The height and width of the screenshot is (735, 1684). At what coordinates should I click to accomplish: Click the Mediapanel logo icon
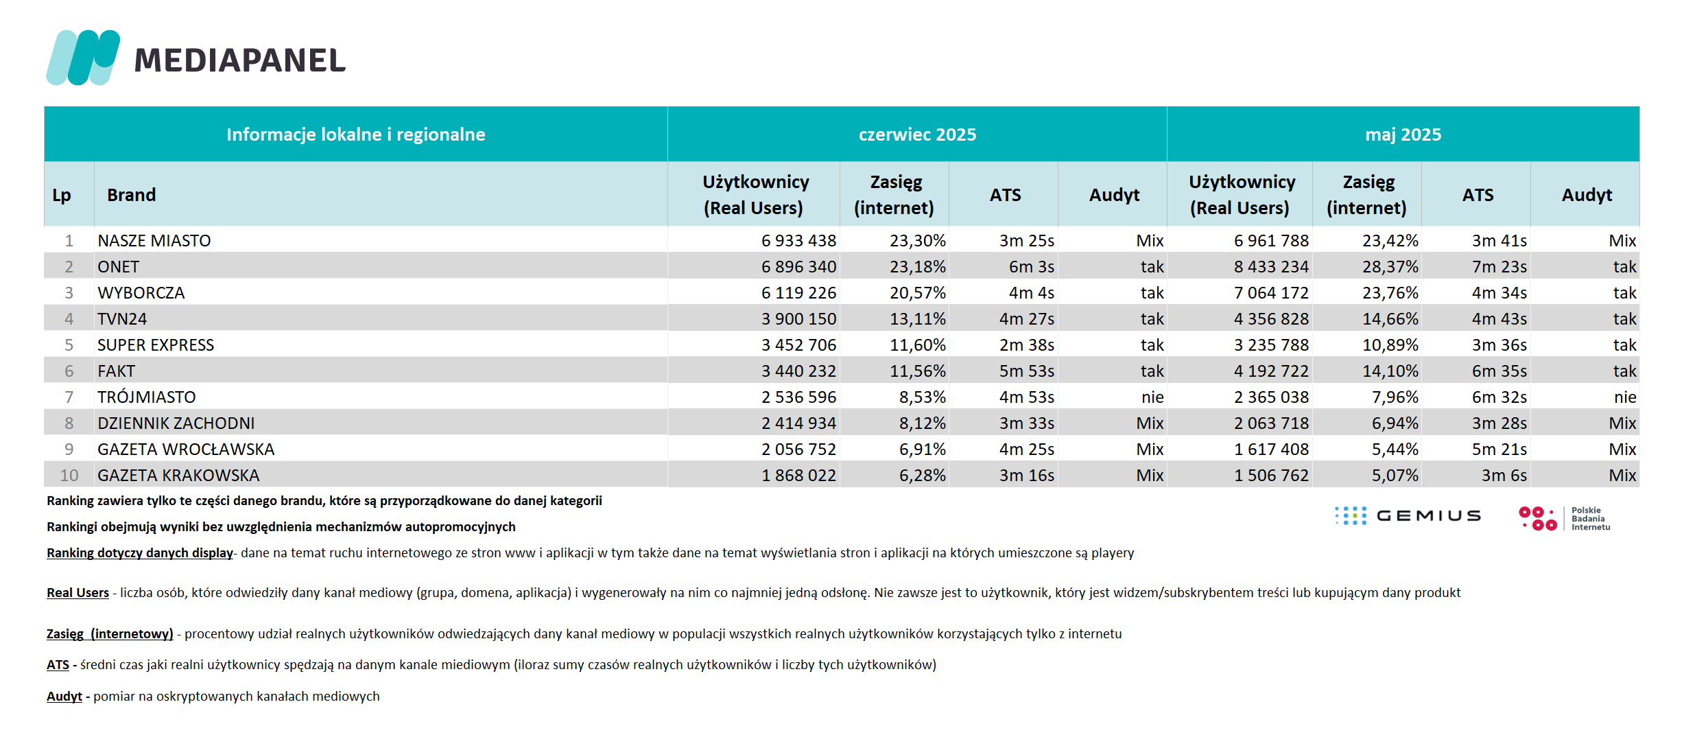click(83, 58)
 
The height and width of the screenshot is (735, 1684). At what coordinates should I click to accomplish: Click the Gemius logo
click(1408, 516)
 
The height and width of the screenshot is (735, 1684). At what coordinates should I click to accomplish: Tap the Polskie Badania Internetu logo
click(1565, 518)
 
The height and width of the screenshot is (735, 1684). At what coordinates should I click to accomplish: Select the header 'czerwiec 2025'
click(917, 135)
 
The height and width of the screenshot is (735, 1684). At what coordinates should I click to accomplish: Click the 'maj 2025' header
click(1403, 135)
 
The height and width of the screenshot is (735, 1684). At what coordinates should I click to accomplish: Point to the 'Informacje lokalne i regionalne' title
click(355, 135)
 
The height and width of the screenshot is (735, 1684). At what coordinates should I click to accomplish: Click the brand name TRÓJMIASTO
click(146, 397)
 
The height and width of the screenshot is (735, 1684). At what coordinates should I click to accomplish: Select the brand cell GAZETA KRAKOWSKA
click(178, 476)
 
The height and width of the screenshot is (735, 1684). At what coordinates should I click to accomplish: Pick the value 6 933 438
click(798, 241)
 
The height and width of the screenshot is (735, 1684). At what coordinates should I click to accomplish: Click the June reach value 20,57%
click(918, 293)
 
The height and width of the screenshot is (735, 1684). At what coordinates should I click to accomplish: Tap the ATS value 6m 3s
click(1032, 267)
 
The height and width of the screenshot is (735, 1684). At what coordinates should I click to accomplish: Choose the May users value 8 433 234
click(1271, 267)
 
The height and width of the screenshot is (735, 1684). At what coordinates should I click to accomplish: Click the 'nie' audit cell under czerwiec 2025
click(1152, 397)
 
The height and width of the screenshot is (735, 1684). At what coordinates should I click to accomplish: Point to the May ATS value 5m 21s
click(1499, 450)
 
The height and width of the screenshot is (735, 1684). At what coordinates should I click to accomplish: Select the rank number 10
click(69, 476)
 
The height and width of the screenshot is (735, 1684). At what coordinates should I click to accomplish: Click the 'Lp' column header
click(62, 196)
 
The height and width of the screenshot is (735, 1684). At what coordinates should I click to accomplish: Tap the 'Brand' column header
click(131, 195)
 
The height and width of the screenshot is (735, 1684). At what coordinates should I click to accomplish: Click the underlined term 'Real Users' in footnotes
click(78, 593)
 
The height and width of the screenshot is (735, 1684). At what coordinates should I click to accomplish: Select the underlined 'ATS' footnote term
click(58, 665)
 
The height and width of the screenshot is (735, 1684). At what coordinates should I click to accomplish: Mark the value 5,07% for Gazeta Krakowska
click(1395, 476)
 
